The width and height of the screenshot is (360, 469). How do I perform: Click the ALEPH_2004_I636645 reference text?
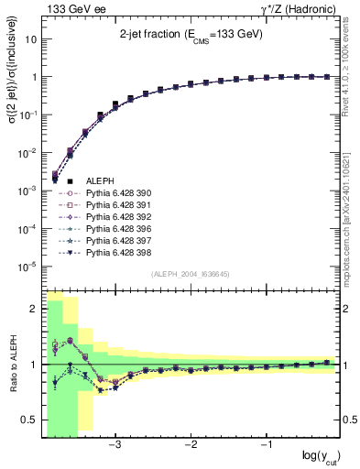click(x=191, y=274)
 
